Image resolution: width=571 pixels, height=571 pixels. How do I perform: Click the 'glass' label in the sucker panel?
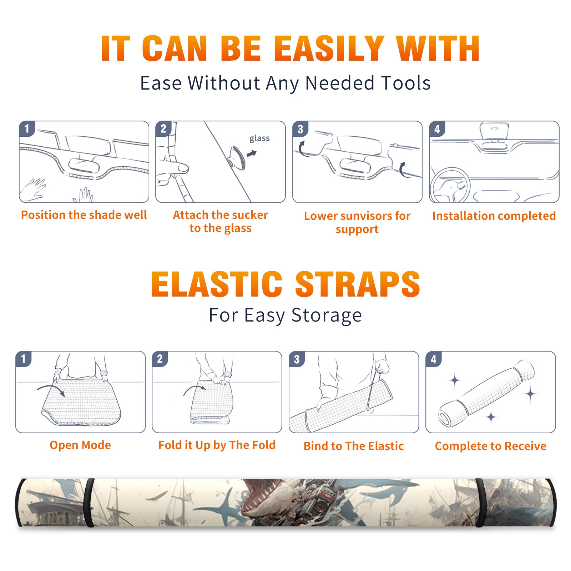click(259, 138)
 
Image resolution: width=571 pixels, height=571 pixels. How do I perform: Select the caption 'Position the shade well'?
click(84, 215)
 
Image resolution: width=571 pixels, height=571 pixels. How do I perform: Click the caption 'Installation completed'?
click(494, 216)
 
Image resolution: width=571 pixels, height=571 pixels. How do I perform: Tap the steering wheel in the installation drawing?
click(450, 186)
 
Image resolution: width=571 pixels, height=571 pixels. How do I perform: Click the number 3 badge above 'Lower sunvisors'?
click(300, 129)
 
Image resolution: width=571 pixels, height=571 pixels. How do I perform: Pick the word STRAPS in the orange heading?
click(358, 284)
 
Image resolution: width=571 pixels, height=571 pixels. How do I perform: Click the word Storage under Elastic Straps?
click(327, 315)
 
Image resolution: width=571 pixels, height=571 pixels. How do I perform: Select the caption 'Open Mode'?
click(80, 445)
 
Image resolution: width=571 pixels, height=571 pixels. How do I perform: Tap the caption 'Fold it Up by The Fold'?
click(217, 445)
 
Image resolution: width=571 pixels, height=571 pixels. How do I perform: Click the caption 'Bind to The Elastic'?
click(354, 446)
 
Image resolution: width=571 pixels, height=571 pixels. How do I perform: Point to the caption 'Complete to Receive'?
click(491, 446)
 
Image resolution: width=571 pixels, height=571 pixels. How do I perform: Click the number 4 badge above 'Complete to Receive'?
click(434, 359)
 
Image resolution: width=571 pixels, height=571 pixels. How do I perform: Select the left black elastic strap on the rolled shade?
click(89, 502)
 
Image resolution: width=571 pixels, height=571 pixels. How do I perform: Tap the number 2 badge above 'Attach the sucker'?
click(163, 129)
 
